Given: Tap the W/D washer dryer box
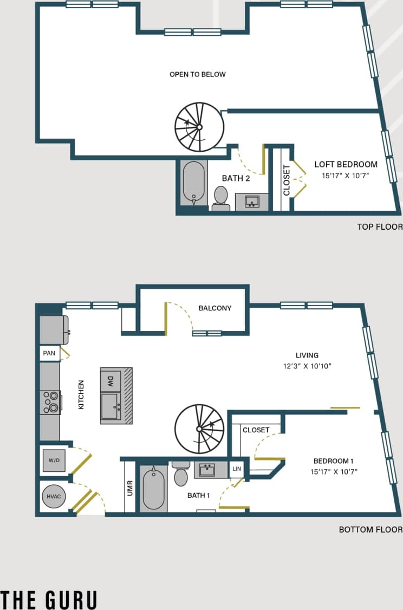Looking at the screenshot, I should [54, 460].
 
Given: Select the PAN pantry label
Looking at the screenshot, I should [49, 353].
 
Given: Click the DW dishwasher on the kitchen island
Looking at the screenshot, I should [110, 380].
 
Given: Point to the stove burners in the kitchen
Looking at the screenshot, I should [50, 403].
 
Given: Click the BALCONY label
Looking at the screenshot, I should [215, 308].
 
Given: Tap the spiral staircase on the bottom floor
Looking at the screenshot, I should [199, 429].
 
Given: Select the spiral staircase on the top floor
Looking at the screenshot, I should [199, 127].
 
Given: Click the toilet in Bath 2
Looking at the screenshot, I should [220, 198].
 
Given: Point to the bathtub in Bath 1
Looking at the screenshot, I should [153, 489].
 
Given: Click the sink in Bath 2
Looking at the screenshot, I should [252, 202].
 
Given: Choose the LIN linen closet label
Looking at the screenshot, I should [237, 469].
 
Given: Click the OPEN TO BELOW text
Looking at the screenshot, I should [198, 74].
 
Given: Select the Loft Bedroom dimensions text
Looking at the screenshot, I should [346, 176].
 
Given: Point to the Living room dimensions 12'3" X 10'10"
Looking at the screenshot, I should [307, 366].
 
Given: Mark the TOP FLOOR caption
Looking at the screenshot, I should [380, 226].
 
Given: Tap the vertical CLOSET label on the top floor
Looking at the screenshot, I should [287, 180].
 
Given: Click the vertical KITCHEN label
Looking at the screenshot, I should [81, 394].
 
